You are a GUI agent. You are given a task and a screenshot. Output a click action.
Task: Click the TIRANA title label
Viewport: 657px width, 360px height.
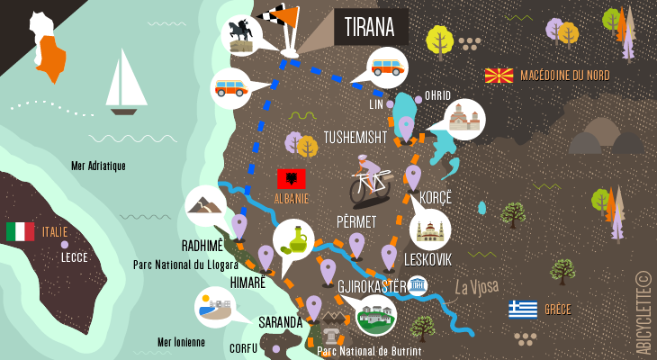370,27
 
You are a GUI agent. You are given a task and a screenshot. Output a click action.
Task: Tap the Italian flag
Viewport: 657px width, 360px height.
20,232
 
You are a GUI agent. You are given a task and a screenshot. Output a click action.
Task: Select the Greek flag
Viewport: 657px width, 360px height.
522,310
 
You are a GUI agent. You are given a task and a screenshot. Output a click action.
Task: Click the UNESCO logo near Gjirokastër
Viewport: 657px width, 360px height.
417,286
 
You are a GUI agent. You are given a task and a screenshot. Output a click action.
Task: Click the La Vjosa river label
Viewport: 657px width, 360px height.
476,287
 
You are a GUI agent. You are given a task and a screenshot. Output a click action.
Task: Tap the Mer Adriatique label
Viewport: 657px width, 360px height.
98,166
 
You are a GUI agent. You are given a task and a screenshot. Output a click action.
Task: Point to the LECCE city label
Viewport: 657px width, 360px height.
74,256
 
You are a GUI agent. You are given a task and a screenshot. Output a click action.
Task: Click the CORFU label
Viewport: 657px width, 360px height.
243,347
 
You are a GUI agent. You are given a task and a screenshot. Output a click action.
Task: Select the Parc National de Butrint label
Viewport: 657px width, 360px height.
369,351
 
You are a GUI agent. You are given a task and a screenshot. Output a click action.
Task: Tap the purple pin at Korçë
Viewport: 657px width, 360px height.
413,175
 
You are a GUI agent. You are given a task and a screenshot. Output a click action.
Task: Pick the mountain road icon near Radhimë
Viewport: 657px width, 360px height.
205,206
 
